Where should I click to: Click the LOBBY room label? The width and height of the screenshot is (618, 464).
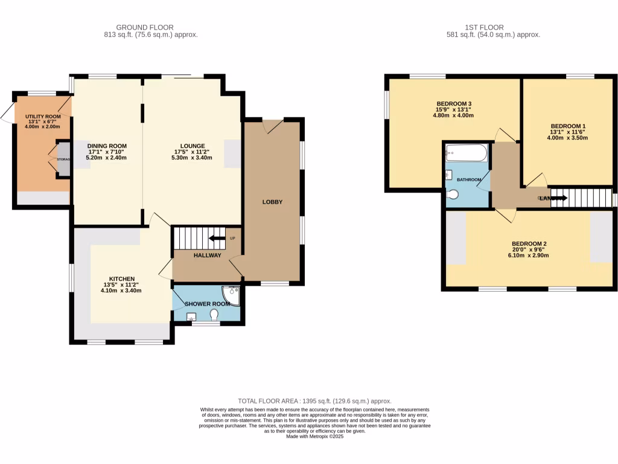[272, 202]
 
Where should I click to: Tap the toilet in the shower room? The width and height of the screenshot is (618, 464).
[214, 315]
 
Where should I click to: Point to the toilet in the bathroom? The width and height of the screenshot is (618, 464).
[453, 195]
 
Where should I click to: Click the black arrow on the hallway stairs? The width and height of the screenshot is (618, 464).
[214, 239]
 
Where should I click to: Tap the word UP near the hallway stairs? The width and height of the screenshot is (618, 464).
[232, 239]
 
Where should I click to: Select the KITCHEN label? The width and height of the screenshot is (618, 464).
[122, 279]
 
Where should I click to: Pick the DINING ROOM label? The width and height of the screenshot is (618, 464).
[107, 146]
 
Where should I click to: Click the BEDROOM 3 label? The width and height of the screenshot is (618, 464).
[454, 103]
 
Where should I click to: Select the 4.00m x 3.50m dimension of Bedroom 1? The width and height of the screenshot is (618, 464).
[568, 138]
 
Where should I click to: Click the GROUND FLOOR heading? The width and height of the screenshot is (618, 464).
[145, 27]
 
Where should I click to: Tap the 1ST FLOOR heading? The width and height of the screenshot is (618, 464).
[484, 27]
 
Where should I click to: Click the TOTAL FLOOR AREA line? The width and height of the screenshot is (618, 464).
[314, 401]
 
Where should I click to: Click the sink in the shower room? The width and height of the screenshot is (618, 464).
[191, 317]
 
